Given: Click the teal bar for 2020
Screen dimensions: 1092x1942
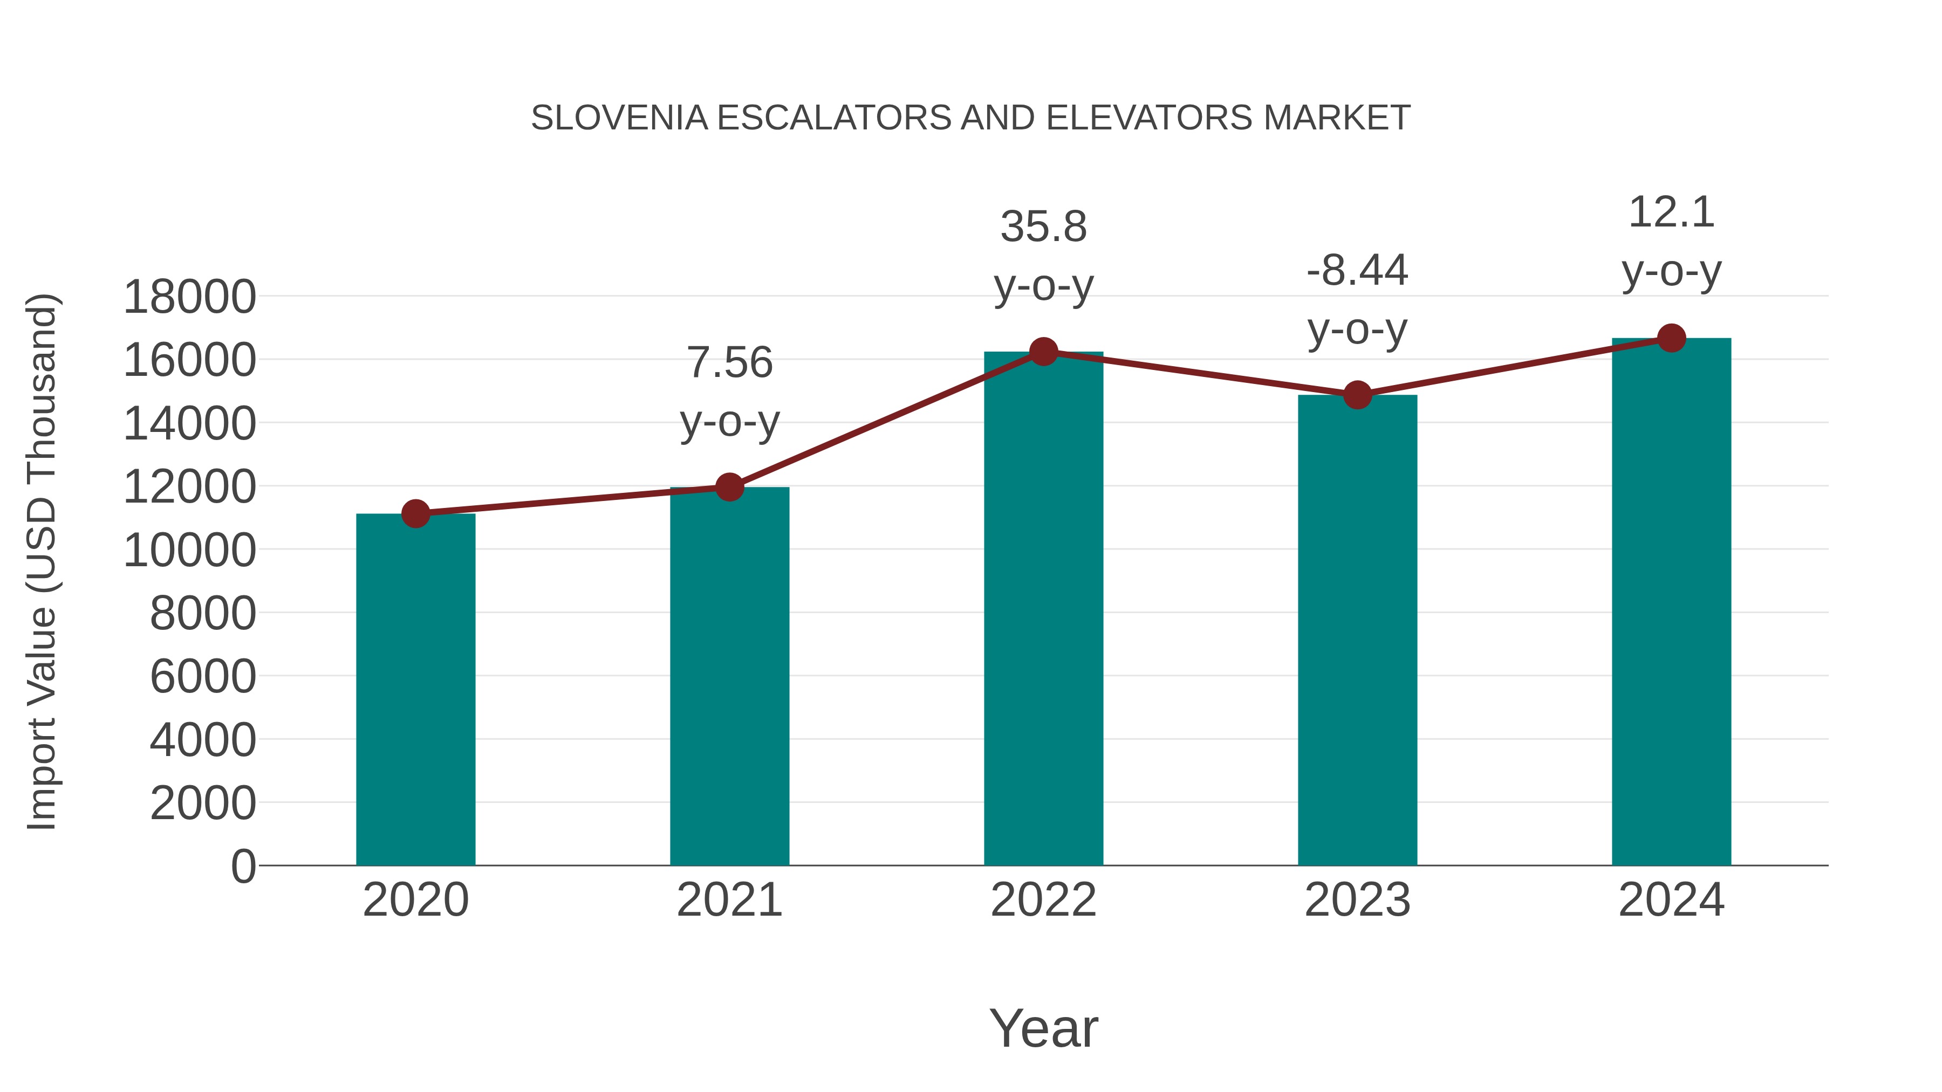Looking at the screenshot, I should tap(415, 690).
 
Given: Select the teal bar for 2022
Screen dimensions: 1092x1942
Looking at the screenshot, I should tap(1043, 608).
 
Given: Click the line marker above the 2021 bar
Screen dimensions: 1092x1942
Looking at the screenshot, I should tap(729, 487).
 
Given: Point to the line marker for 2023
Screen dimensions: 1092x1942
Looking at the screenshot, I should tap(1357, 395).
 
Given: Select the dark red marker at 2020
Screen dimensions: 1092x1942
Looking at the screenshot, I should tap(415, 514).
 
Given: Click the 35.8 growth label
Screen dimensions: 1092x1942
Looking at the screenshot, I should tap(1043, 227).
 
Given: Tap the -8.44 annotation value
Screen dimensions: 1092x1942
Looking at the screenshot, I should tap(1357, 271).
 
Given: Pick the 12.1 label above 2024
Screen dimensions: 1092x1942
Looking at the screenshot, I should tap(1671, 212).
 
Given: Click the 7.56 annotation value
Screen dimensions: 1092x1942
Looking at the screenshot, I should tap(729, 362).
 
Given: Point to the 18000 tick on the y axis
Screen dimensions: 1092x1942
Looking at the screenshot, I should tap(189, 297).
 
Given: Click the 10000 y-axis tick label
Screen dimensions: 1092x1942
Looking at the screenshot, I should tap(189, 550).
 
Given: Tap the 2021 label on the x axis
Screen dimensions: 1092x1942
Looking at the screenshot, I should tap(729, 900).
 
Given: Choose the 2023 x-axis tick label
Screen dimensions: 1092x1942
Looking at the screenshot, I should tap(1357, 900).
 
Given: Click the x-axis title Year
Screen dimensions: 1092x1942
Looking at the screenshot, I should tap(1043, 1028).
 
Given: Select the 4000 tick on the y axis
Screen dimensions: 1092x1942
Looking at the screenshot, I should tap(203, 740).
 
